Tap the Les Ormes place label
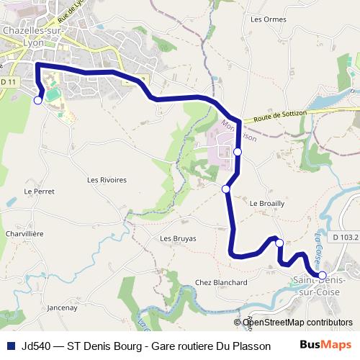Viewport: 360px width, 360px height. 264,19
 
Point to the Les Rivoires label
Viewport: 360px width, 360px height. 107,180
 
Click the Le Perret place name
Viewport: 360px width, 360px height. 39,192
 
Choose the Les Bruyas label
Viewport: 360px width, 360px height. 178,238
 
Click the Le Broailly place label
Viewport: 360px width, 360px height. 267,204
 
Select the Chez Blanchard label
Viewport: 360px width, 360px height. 221,283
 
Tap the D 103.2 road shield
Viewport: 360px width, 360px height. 346,236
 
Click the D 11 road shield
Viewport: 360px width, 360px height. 8,83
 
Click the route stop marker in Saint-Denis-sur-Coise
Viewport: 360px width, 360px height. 322,275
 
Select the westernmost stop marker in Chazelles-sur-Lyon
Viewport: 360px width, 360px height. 37,101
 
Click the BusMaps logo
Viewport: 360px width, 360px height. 326,345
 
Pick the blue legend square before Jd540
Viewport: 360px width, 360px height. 11,346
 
